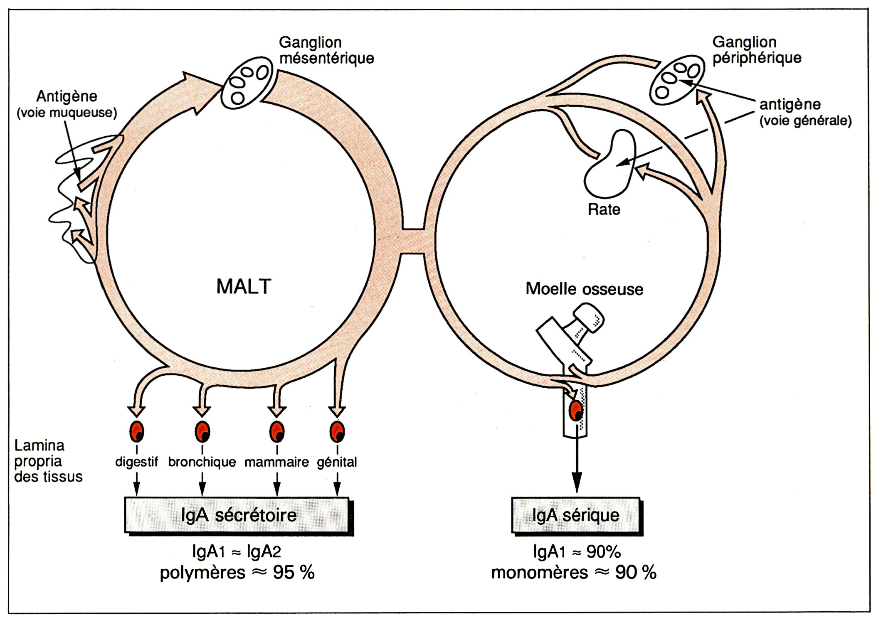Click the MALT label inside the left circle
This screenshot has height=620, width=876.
point(244,286)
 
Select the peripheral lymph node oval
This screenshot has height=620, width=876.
point(677,80)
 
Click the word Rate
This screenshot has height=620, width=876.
point(604,209)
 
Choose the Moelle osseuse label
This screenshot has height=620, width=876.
point(584,289)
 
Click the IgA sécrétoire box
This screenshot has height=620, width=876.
point(238,515)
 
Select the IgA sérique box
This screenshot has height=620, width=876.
point(576,515)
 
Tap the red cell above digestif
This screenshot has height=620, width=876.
point(137,431)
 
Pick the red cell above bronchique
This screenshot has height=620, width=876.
point(202,431)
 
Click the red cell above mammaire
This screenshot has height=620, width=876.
point(277,431)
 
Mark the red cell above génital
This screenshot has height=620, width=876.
point(337,431)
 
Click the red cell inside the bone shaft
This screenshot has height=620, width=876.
point(576,411)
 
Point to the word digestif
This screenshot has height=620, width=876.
point(136,462)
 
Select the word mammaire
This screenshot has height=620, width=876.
point(276,462)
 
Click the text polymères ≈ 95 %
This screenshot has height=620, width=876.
point(237,573)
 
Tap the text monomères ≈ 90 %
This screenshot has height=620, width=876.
point(574,573)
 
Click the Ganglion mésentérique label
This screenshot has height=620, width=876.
point(326,50)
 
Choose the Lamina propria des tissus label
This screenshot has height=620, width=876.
point(48,461)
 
